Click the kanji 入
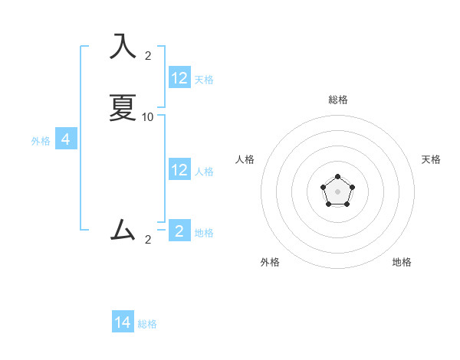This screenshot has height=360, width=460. click(123, 47)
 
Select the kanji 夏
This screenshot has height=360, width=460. click(123, 108)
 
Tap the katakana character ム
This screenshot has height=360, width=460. click(123, 231)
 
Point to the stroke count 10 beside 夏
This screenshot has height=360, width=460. click(148, 117)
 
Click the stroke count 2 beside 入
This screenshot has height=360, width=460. click(148, 55)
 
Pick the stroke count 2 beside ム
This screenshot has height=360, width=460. click(148, 240)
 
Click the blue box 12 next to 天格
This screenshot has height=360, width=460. click(179, 78)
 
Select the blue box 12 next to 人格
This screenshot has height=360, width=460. click(179, 170)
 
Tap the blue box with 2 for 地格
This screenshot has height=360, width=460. click(179, 231)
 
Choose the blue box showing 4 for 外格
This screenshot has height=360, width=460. click(66, 139)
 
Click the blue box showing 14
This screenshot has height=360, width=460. click(123, 322)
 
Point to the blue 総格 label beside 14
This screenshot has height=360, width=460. click(147, 324)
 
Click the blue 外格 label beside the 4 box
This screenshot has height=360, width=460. click(41, 141)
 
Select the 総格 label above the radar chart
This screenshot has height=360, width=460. click(338, 100)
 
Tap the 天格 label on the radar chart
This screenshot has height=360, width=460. click(431, 159)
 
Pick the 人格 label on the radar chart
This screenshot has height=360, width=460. click(245, 159)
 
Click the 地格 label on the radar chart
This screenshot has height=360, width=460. click(402, 262)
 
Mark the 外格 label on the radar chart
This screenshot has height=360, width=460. click(270, 262)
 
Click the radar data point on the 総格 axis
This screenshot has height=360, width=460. click(338, 177)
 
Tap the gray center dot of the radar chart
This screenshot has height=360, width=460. click(338, 191)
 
